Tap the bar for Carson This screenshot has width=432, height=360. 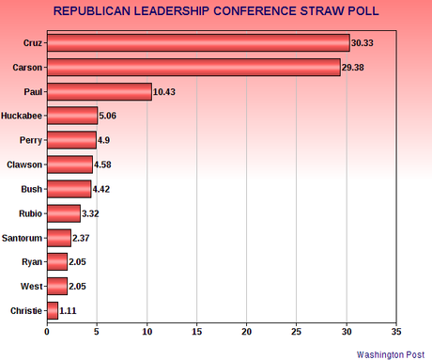193,68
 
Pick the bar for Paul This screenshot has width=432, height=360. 99,91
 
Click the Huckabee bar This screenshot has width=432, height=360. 72,116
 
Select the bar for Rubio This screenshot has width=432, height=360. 63,212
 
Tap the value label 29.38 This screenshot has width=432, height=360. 356,68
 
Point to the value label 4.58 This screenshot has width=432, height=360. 106,164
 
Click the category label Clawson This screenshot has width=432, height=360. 23,164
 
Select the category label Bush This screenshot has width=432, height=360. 31,188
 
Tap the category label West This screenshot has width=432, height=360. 31,285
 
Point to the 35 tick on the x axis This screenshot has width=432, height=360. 396,331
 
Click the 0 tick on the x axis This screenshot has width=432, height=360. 47,331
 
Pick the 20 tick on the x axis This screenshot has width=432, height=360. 247,331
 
